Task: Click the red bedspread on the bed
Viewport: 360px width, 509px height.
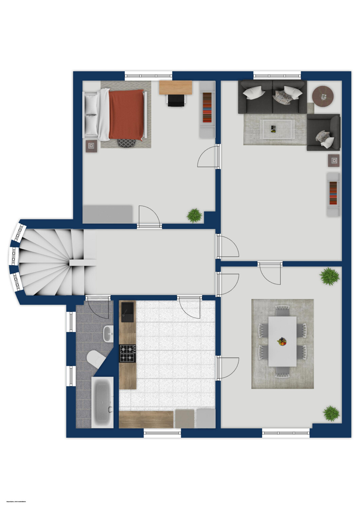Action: coord(126,114)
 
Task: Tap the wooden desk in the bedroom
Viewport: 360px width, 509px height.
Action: coord(176,87)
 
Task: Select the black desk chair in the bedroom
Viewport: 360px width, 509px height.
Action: coord(177,100)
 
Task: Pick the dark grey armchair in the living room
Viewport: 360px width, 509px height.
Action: coord(323,133)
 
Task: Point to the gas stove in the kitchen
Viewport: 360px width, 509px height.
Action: coord(127,353)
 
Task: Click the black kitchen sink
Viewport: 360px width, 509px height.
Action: coord(128,312)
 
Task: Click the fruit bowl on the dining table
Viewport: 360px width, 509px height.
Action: coord(282,341)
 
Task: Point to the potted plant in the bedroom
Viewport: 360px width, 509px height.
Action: coord(194,215)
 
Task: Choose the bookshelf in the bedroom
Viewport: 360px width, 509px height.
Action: coord(207,109)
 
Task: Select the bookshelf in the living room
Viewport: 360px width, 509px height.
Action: coord(333,194)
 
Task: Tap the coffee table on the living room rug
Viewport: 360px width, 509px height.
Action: coord(276,129)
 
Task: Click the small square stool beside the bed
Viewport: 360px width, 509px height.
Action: coord(91,146)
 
